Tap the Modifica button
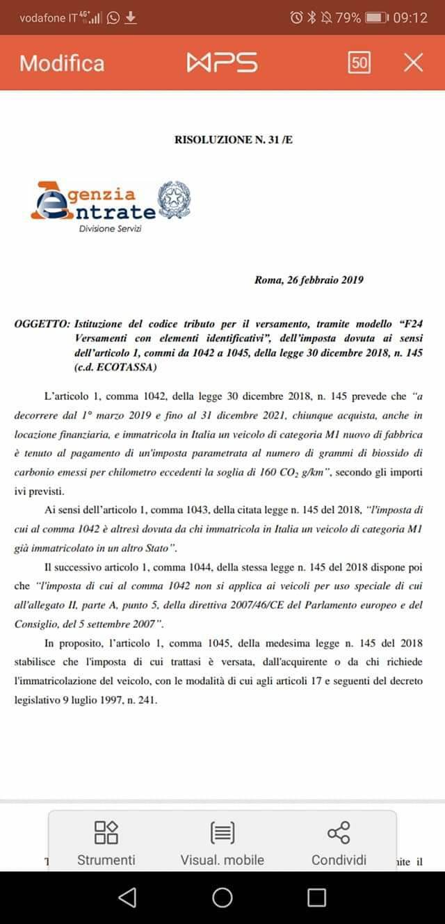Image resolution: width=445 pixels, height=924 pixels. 62,63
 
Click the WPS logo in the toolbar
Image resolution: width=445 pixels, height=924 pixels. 222,63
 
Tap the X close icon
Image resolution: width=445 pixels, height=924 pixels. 413,63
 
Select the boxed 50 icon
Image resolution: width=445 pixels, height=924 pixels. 359,63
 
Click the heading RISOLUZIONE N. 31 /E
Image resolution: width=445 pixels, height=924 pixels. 234,140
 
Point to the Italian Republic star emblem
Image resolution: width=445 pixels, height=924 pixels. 174,200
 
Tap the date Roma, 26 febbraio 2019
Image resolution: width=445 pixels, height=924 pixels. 309,281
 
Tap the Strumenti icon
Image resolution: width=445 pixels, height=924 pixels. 106,832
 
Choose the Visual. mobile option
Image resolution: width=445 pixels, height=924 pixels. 222,860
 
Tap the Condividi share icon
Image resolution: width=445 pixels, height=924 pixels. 339,832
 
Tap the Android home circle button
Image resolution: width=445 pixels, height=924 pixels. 222,898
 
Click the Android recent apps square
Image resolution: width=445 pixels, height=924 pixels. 316,898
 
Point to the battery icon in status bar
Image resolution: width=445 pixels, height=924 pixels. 375,17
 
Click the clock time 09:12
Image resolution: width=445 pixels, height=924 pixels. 410,17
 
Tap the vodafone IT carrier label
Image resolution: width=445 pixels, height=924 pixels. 48,18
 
